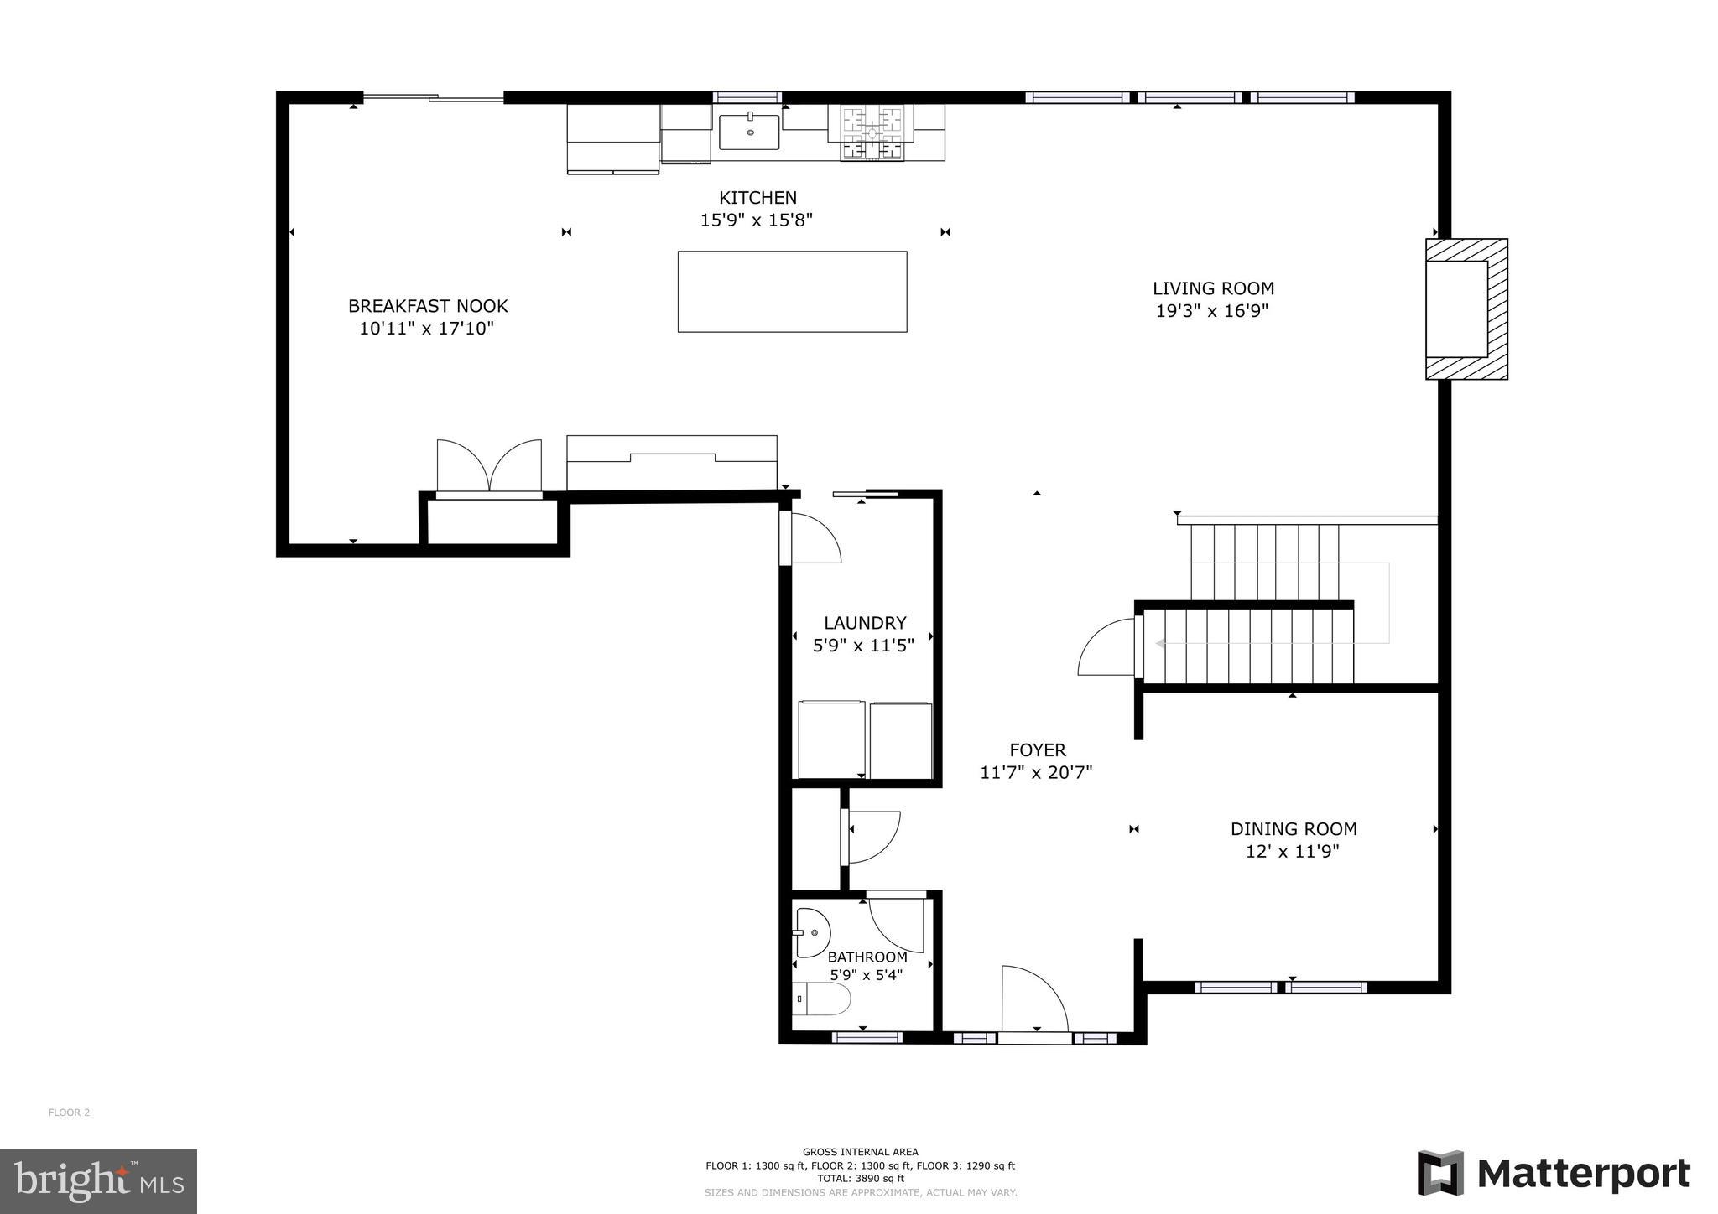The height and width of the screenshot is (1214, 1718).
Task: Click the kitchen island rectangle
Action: click(792, 291)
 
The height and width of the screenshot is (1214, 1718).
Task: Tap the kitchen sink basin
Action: click(749, 132)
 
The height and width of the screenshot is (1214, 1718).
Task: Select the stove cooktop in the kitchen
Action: click(872, 132)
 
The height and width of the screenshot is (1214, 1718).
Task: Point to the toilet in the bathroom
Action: click(823, 999)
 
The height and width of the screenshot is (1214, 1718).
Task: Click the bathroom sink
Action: click(811, 932)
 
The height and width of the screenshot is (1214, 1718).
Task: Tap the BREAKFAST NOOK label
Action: click(428, 306)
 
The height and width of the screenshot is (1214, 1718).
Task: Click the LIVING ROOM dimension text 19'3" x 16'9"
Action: click(1212, 311)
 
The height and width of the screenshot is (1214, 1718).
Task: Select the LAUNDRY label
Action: click(865, 623)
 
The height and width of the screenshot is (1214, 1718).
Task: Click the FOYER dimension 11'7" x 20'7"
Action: click(1036, 772)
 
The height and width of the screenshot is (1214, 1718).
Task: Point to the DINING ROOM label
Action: click(1293, 829)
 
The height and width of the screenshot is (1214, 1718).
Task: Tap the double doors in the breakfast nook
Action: click(489, 466)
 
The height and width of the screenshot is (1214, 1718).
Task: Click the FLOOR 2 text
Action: click(69, 1113)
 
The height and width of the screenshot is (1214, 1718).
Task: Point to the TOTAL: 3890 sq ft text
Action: click(860, 1178)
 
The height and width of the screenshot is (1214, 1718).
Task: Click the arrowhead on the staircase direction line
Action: click(1160, 644)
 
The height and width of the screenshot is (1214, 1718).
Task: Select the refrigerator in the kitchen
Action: click(613, 138)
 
